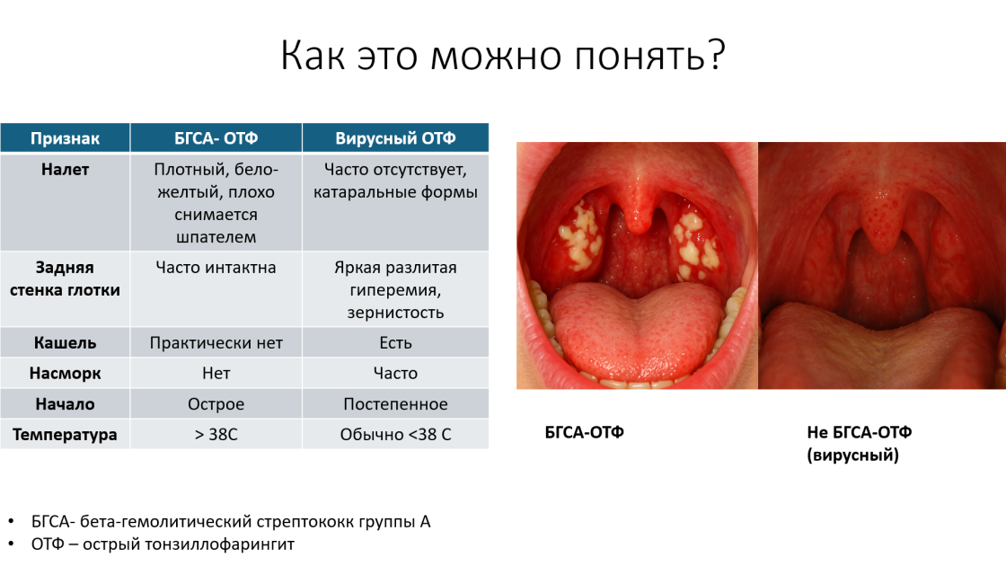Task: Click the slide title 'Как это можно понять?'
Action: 503,55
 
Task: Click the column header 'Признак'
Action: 65,138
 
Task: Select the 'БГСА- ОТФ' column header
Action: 216,138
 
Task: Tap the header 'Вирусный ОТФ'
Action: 395,138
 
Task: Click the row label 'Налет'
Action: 65,170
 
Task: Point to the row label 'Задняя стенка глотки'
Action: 65,279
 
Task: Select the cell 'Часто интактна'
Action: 216,268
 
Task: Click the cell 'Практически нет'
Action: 216,342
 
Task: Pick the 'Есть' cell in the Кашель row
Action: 395,342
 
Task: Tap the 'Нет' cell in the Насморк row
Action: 216,373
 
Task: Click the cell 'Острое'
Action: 216,403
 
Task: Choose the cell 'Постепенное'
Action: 395,403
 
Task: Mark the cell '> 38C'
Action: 216,435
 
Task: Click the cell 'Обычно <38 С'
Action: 395,435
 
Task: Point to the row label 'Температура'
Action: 65,435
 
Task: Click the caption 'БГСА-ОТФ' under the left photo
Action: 584,432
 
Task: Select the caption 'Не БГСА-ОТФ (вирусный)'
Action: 859,444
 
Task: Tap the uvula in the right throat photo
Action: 881,218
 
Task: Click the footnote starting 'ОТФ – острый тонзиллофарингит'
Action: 163,544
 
